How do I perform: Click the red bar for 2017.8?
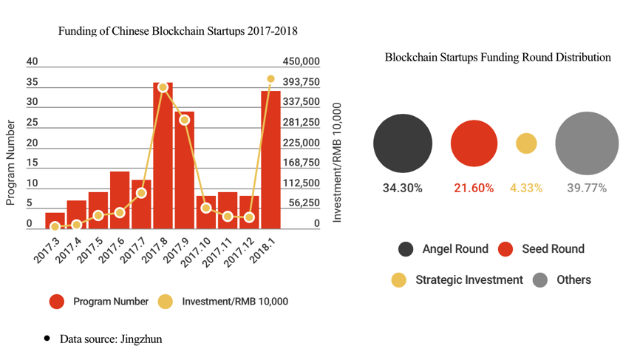pos(163,155)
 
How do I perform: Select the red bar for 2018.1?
pos(270,159)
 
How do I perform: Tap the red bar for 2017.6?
pos(120,200)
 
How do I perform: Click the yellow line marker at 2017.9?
pos(185,120)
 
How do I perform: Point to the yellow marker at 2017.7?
pos(141,193)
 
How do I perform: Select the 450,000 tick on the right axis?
pos(302,61)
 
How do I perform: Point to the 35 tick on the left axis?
pos(33,82)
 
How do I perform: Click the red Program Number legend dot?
pos(58,302)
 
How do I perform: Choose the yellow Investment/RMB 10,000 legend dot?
pos(165,302)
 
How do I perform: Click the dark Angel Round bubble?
pos(402,143)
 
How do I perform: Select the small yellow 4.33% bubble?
pos(526,143)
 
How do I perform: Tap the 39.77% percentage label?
pos(587,189)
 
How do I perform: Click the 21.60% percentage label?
pos(474,189)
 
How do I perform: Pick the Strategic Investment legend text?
pos(469,280)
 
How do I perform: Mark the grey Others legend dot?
pos(540,280)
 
